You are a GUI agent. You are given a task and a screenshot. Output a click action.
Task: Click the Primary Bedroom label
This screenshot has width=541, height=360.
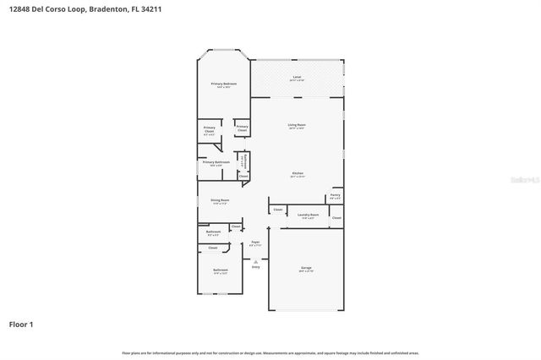[x=223, y=84]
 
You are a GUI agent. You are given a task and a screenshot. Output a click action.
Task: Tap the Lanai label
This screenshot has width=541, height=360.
[x=297, y=77]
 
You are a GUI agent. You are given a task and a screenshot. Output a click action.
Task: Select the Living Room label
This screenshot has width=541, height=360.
[x=297, y=124]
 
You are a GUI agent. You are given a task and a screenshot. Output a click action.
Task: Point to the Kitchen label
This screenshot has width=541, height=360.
[x=297, y=173]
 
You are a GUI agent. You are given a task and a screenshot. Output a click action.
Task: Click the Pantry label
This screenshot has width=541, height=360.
[x=336, y=194]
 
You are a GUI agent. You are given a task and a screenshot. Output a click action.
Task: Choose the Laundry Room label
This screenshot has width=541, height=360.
[x=309, y=215]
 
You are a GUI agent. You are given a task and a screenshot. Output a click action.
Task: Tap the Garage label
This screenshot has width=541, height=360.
[x=306, y=268]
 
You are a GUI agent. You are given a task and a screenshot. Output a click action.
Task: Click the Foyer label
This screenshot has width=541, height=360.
[x=255, y=243]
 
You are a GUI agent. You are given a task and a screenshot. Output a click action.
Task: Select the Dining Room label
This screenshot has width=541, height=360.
[x=221, y=200]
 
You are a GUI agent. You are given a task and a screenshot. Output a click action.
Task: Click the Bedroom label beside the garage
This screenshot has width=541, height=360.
[x=221, y=271]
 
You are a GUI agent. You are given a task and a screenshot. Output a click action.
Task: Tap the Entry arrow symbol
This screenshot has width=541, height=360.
[x=255, y=260]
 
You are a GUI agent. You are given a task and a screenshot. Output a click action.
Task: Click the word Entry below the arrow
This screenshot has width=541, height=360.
[x=255, y=267]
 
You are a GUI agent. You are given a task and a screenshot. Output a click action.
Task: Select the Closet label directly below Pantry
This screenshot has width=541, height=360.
[x=336, y=218]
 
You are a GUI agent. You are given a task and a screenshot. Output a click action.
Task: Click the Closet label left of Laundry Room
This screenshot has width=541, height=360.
[x=277, y=209]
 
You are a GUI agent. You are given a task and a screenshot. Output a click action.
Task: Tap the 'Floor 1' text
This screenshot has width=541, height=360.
[x=21, y=324]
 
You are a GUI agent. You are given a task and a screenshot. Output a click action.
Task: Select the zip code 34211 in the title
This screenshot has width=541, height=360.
[x=164, y=9]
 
